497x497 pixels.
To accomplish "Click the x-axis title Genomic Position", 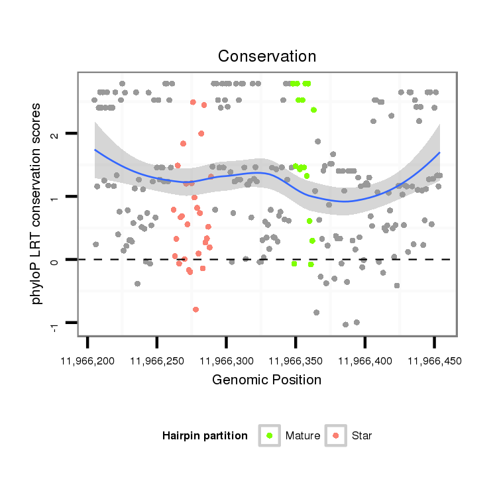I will [x=267, y=380].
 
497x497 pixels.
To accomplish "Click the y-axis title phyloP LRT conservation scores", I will [x=38, y=203].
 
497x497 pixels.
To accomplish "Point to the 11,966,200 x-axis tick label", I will [x=87, y=362].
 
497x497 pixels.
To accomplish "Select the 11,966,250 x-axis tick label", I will [x=156, y=362].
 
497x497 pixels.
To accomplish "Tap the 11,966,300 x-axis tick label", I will [x=226, y=362].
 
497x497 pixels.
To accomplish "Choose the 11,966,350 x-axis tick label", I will [x=296, y=362].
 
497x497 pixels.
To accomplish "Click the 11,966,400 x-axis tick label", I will [x=364, y=362].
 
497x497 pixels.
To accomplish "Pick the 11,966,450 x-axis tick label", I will [x=434, y=362].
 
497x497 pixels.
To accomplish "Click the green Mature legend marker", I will [x=270, y=435].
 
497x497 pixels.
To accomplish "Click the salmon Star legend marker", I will [x=336, y=435].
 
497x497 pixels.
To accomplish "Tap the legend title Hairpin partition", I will [x=205, y=436].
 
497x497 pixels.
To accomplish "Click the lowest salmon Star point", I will [x=195, y=309].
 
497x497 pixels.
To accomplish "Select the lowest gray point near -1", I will [x=345, y=324].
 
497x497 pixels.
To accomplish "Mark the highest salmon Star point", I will [x=193, y=102].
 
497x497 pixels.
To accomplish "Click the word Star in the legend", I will [x=362, y=436].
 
